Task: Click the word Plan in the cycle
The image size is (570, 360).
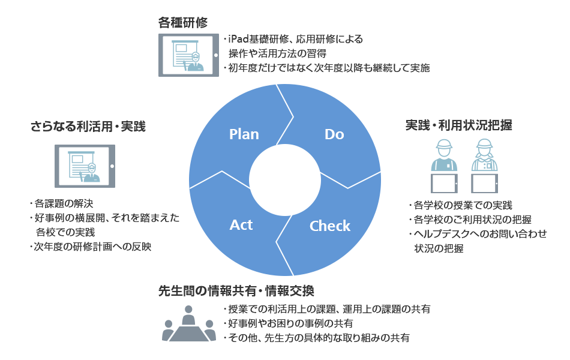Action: tap(244, 134)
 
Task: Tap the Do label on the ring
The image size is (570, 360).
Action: tap(334, 134)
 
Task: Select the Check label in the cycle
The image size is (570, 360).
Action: tap(330, 226)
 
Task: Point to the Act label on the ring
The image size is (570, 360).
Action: tap(241, 225)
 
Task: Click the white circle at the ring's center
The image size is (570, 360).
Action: tap(284, 181)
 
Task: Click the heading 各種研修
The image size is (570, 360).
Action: tap(183, 23)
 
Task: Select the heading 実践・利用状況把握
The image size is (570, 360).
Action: tap(458, 125)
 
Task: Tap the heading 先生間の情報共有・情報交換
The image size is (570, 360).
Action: tap(236, 291)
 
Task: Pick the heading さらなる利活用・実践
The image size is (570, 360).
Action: tap(88, 126)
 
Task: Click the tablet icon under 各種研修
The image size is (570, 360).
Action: tap(188, 55)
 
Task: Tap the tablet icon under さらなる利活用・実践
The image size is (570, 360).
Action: tap(85, 166)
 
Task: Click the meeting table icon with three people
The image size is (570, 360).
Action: tap(188, 323)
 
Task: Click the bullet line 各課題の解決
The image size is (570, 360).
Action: tap(62, 203)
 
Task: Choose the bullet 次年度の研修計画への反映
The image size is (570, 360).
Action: tap(91, 247)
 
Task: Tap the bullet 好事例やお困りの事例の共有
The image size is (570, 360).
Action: tap(288, 323)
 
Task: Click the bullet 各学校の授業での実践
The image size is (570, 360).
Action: tap(461, 205)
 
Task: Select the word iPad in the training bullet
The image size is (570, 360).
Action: tap(238, 39)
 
